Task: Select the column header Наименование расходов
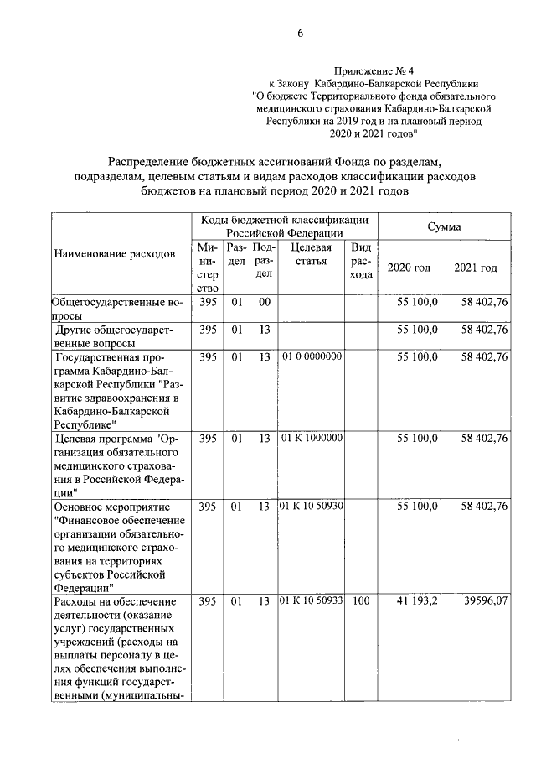coord(115,252)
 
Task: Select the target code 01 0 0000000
coord(311,356)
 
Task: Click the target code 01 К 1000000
coord(311,438)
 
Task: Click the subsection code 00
coord(263,301)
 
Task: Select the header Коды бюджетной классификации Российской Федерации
coord(285,226)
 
